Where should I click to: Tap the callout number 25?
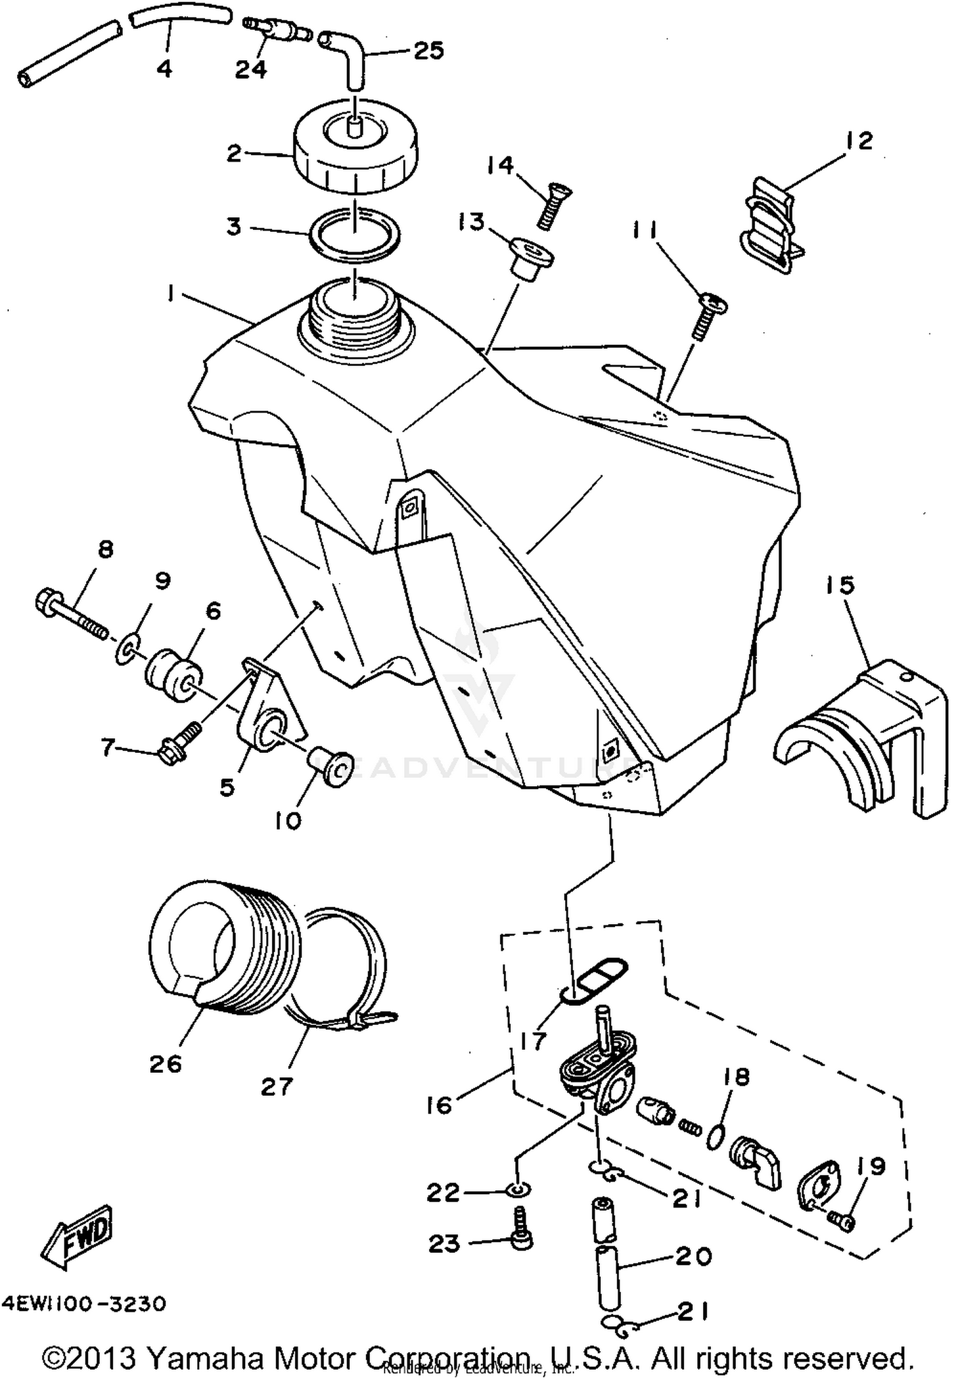coord(429,50)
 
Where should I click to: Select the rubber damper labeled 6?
coord(174,675)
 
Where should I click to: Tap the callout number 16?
coord(439,1105)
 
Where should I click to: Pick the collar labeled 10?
coord(333,764)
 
